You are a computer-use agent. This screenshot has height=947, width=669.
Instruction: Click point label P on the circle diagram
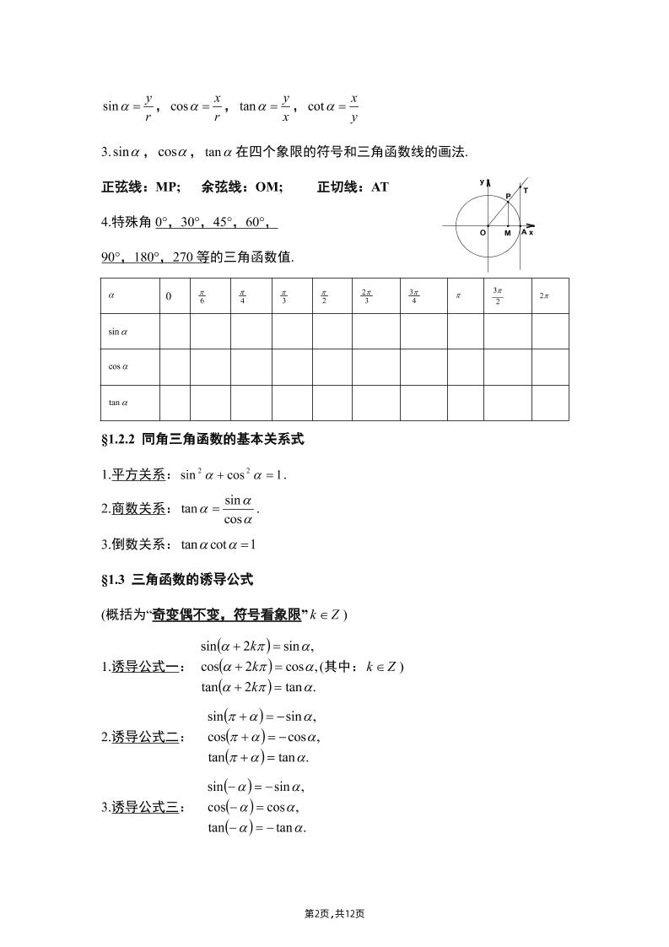point(508,196)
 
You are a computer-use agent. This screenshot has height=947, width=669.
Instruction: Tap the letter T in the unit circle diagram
point(526,191)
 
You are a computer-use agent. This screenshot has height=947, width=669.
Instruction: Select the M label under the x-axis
point(508,233)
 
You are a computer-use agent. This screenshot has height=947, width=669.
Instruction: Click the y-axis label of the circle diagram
point(482,181)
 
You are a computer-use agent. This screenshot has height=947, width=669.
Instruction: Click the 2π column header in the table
point(544,296)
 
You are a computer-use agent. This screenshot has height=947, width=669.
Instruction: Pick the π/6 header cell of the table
point(202,296)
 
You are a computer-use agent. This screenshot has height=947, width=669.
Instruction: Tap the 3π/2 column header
point(498,296)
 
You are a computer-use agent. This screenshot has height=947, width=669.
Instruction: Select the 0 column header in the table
point(169,296)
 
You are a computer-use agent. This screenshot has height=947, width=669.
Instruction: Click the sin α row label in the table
point(118,332)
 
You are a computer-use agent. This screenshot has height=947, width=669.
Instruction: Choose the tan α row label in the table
point(118,403)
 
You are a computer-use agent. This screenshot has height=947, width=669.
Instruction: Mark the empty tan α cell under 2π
point(550,403)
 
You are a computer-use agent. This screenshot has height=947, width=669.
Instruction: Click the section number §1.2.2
point(119,439)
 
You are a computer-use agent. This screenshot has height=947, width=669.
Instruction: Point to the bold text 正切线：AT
point(353,187)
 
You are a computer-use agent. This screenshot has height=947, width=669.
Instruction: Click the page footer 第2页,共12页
point(334,913)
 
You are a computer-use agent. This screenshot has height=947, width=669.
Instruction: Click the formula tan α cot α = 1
point(219,544)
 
